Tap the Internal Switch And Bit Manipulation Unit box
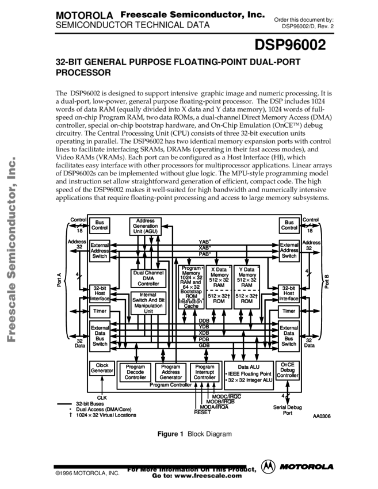(x=148, y=303)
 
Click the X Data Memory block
(x=219, y=286)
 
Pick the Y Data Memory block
(x=246, y=286)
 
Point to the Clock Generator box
(x=102, y=368)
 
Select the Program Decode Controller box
(x=136, y=372)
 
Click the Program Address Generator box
(x=170, y=372)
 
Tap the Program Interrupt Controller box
(x=204, y=372)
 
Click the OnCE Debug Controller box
(x=288, y=371)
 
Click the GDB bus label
(x=204, y=345)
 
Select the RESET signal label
(x=202, y=412)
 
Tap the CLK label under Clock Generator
(x=102, y=398)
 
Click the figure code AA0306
(x=323, y=416)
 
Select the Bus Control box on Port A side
(x=100, y=224)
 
